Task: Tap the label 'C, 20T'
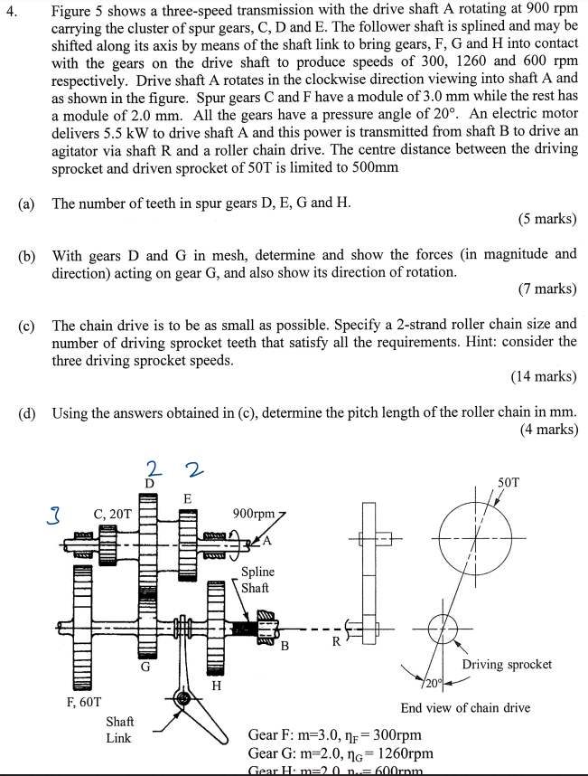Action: click(113, 516)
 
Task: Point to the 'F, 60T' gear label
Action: click(84, 701)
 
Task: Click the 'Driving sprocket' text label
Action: click(507, 664)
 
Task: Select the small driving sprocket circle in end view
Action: click(443, 629)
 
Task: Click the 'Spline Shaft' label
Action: click(257, 580)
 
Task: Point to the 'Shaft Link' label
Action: click(119, 729)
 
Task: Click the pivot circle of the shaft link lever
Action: click(183, 698)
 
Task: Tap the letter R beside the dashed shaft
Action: click(335, 643)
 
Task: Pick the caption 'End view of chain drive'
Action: click(465, 707)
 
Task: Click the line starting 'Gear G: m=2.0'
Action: click(341, 752)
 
